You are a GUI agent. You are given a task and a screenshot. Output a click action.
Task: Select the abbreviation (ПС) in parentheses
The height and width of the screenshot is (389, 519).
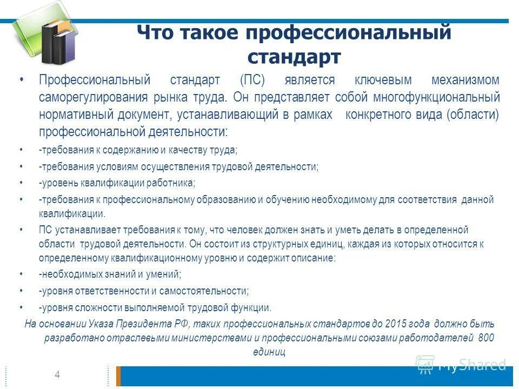click(x=252, y=81)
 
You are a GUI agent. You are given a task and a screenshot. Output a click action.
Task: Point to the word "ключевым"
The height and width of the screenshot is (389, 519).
click(x=383, y=81)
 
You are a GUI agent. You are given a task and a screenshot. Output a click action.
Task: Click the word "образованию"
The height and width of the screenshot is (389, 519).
click(x=225, y=200)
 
